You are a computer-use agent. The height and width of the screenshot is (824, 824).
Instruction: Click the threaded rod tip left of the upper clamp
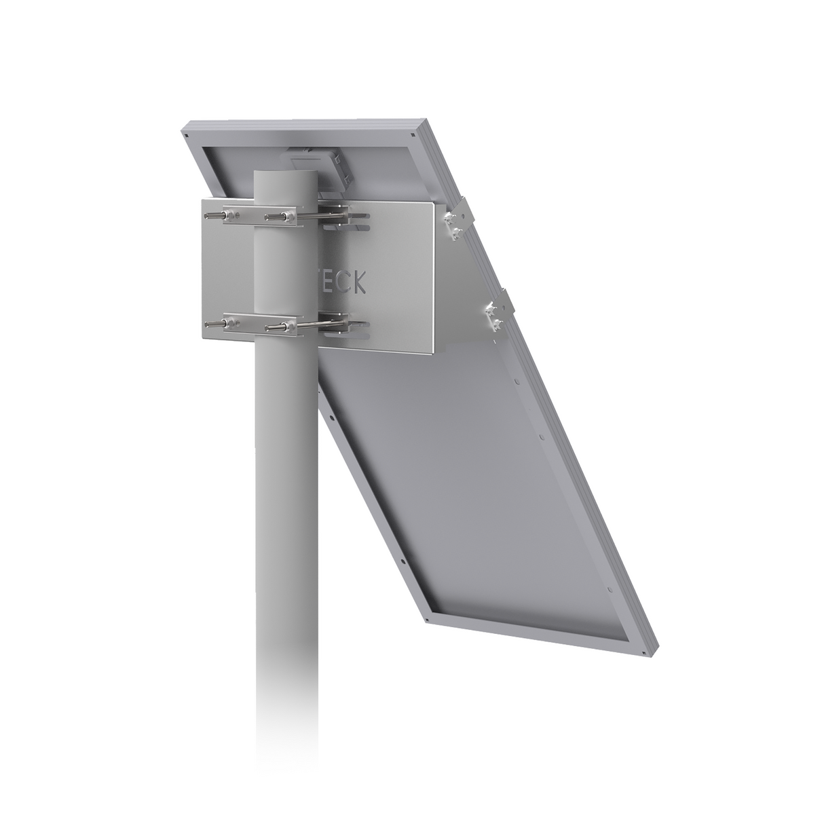[208, 215]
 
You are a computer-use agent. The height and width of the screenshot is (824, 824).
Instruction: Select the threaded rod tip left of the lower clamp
[208, 325]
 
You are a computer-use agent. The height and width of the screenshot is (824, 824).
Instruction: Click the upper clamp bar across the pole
[258, 217]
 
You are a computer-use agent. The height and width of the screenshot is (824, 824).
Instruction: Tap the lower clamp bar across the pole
[258, 327]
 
